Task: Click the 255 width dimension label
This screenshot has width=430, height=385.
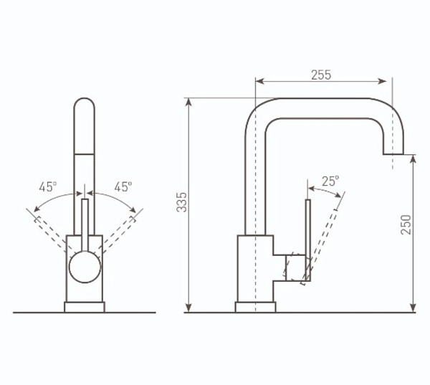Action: [x=321, y=75]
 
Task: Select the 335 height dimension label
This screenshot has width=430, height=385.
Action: [x=181, y=202]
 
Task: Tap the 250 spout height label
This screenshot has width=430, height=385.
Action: [x=406, y=224]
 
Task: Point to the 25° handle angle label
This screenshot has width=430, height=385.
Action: [x=330, y=181]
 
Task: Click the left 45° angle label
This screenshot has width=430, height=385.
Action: [x=48, y=187]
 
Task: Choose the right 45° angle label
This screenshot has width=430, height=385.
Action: [x=123, y=187]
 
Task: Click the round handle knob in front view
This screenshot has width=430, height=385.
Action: [x=85, y=267]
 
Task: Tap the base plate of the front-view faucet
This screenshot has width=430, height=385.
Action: [x=85, y=307]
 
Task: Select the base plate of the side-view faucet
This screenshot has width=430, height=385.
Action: [x=255, y=307]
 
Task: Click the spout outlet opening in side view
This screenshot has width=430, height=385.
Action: [x=393, y=154]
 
